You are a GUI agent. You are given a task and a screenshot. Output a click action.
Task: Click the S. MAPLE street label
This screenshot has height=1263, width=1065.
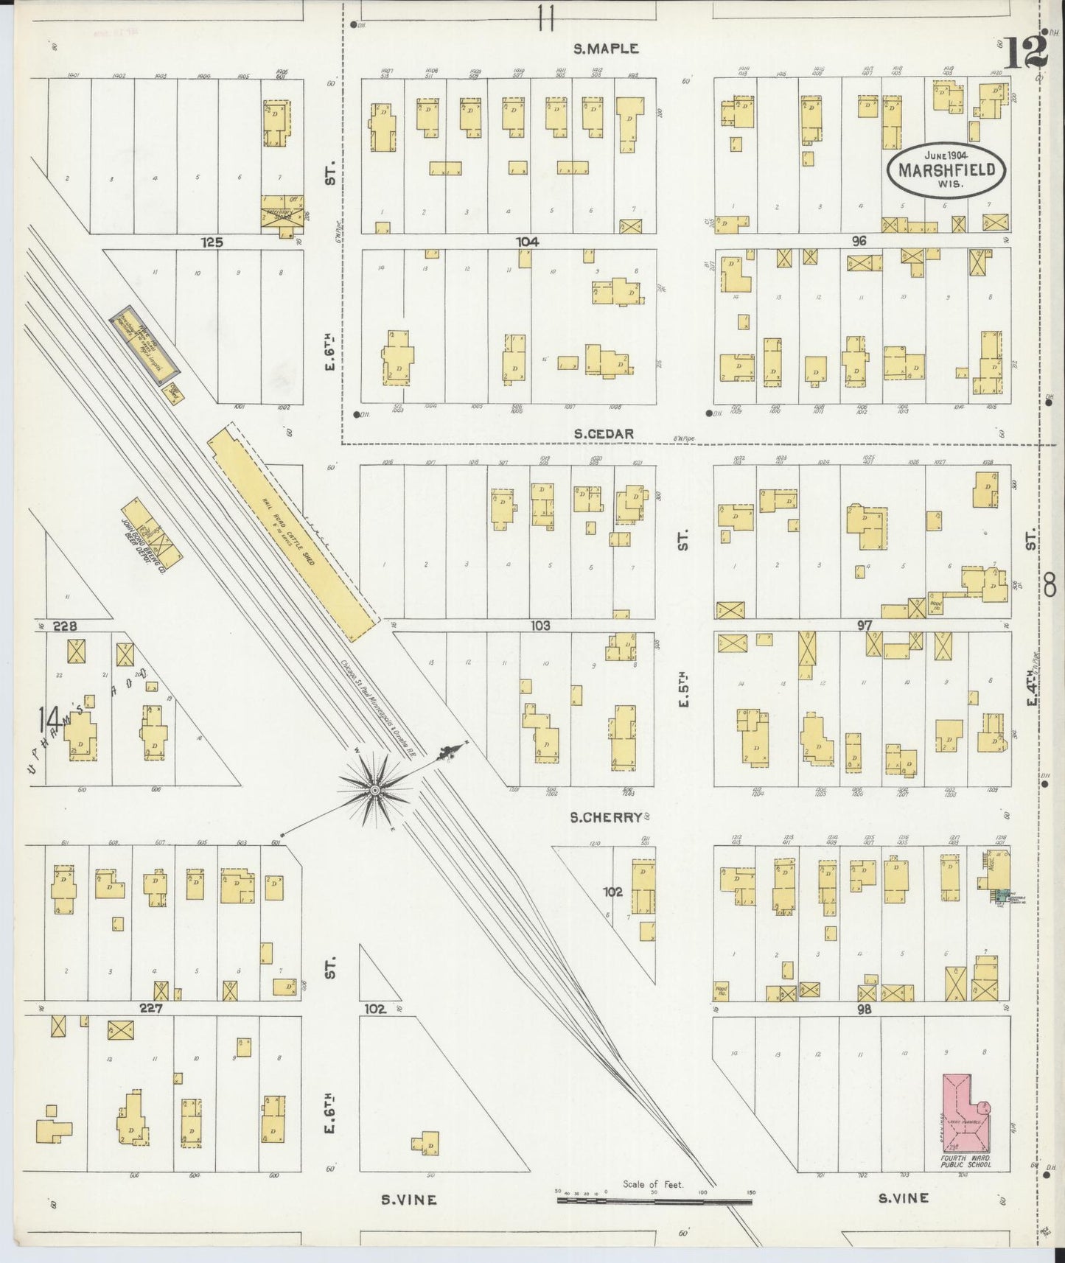coord(606,49)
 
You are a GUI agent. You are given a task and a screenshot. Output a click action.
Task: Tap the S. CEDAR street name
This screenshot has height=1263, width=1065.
coord(604,434)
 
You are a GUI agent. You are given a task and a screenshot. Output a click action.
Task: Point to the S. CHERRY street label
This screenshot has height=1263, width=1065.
coord(607,816)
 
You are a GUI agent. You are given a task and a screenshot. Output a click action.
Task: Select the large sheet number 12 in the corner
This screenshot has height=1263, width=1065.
coord(1024,52)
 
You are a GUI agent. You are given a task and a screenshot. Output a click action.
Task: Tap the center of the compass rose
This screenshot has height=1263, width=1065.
coord(374,791)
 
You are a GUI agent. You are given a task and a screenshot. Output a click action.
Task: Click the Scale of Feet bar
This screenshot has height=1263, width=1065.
coord(654,1200)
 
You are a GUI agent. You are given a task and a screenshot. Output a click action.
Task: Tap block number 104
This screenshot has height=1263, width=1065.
coord(527,242)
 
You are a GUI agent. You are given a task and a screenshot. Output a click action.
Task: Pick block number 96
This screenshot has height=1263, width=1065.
coord(859,241)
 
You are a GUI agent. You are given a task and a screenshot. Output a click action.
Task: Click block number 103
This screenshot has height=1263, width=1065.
coord(540,625)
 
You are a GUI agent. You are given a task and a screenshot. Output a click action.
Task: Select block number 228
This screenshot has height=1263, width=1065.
coord(65,626)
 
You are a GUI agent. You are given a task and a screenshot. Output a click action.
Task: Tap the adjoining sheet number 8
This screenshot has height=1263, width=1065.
coord(1050,587)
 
